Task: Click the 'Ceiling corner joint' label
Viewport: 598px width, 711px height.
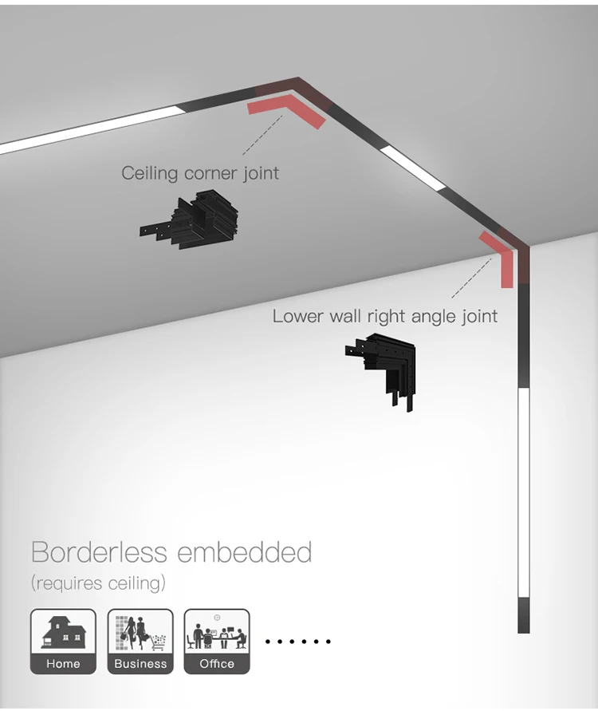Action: (x=200, y=172)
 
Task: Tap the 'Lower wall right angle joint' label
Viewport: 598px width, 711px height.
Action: (x=384, y=316)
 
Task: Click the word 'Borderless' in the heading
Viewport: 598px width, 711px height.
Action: (x=99, y=552)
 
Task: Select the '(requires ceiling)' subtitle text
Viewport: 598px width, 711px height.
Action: (x=98, y=583)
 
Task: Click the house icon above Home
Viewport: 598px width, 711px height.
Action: (x=63, y=632)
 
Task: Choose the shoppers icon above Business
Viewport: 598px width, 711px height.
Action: (x=140, y=632)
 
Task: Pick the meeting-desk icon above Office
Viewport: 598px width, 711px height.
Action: (x=217, y=632)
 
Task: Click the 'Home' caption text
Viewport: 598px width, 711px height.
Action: (x=63, y=664)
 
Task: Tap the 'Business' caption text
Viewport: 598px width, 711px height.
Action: (x=140, y=664)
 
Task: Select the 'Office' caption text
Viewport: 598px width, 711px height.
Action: (x=217, y=664)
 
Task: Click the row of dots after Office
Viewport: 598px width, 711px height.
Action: (x=297, y=642)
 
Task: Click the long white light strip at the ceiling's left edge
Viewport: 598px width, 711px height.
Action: (x=92, y=130)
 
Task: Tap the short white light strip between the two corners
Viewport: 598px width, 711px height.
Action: (x=412, y=167)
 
